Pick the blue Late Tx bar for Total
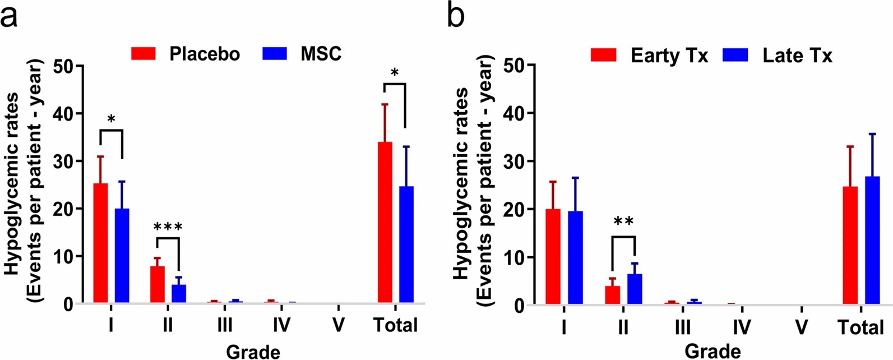(x=873, y=241)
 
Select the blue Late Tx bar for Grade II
(x=635, y=289)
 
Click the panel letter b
(x=456, y=17)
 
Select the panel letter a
(x=10, y=17)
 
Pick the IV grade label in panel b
(x=742, y=327)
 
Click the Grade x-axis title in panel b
(x=712, y=351)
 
